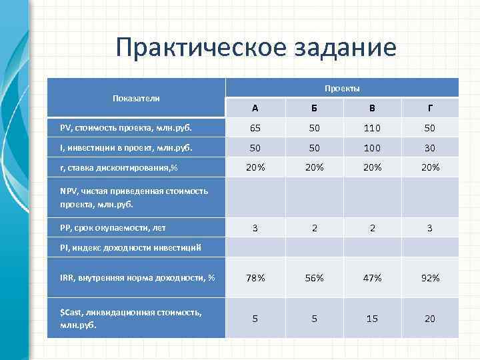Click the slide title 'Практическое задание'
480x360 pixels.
pyautogui.click(x=255, y=47)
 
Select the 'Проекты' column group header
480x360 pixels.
pyautogui.click(x=342, y=89)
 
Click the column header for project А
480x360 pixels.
pyautogui.click(x=255, y=109)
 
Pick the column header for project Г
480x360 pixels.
pyautogui.click(x=430, y=109)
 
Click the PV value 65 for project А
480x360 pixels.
pyautogui.click(x=255, y=127)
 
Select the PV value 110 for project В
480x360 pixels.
pyautogui.click(x=373, y=127)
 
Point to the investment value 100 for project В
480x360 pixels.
pyautogui.click(x=373, y=147)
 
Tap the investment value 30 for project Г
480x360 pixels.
pyautogui.click(x=430, y=147)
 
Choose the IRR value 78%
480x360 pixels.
pyautogui.click(x=255, y=278)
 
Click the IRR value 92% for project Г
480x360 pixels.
pyautogui.click(x=430, y=278)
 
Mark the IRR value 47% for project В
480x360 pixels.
pyautogui.click(x=373, y=278)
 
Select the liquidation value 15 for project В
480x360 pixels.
pyautogui.click(x=373, y=319)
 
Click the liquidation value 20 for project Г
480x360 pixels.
pyautogui.click(x=430, y=319)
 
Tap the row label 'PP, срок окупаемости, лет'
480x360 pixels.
pyautogui.click(x=113, y=228)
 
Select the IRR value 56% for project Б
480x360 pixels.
pyautogui.click(x=314, y=278)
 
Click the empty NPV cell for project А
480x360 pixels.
pyautogui.click(x=255, y=197)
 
